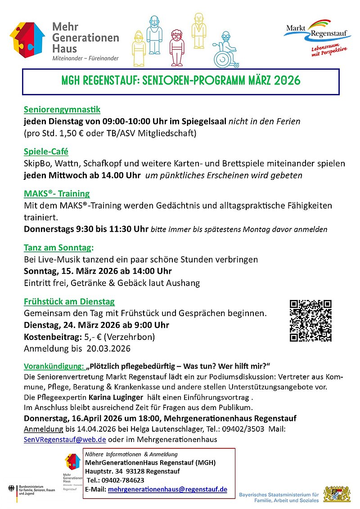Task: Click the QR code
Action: point(310,321)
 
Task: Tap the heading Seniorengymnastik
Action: point(62,109)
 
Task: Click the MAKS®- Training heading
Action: point(57,194)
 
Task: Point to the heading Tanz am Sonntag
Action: point(58,247)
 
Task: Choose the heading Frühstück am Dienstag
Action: point(69,301)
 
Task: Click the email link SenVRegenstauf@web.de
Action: point(65,439)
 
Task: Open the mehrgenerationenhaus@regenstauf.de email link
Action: point(167,490)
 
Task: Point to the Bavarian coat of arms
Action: point(336,493)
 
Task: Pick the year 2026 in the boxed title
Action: point(285,81)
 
